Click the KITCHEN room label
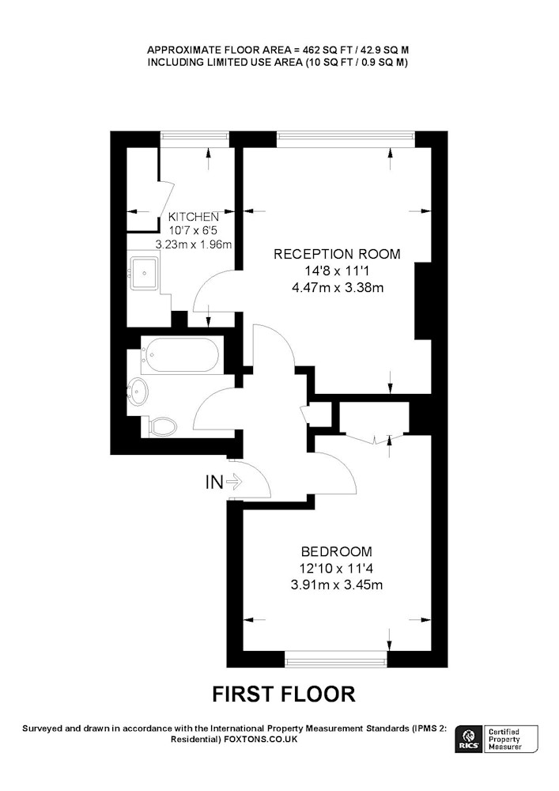coord(194,217)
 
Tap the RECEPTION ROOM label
coord(337,254)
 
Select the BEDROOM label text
coord(337,551)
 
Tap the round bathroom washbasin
coord(138,391)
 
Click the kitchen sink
coord(145,273)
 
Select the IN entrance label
coord(214,483)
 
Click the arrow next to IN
coord(234,483)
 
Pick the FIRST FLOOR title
coord(284,694)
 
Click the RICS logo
coord(468,740)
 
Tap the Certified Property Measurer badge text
coord(504,740)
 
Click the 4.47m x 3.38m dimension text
coord(338,288)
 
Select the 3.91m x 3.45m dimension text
coord(337,585)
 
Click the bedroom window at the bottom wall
coord(336,660)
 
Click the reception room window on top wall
coord(346,137)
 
